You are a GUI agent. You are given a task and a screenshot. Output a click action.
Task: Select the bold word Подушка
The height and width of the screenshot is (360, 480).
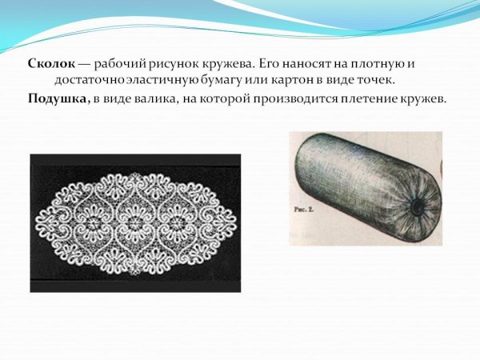point(54,98)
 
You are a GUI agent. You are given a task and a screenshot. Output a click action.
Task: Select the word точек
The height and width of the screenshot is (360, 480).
point(376,81)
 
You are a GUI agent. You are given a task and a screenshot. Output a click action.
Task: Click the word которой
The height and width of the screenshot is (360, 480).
point(223,98)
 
